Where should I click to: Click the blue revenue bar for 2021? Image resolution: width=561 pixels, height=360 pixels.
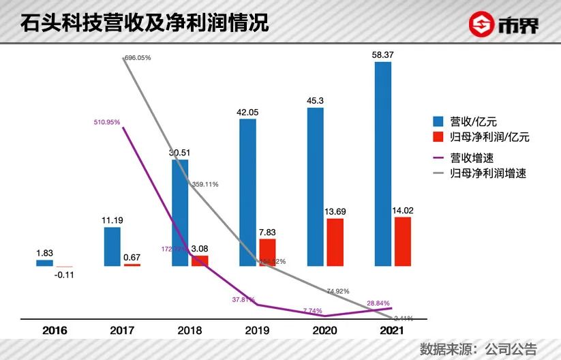(382, 164)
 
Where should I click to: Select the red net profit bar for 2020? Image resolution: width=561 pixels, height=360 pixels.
(335, 242)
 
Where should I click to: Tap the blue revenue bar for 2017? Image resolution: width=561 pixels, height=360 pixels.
(112, 246)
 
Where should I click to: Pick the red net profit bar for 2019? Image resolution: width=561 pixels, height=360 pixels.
(268, 252)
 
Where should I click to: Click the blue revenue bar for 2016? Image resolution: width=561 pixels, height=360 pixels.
(44, 262)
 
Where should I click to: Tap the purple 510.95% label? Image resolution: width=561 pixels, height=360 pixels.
(107, 122)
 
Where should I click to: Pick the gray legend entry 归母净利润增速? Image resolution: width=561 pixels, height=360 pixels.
(481, 173)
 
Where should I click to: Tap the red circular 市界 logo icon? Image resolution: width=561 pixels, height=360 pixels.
(481, 25)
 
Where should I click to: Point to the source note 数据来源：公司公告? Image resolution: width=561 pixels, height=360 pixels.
(478, 348)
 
